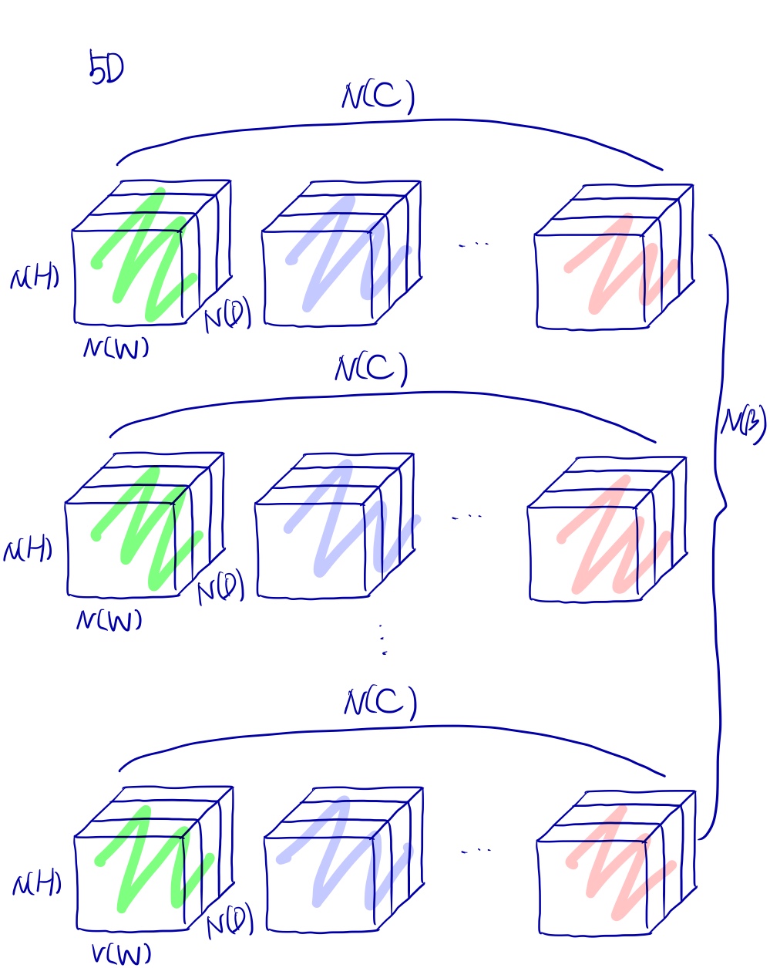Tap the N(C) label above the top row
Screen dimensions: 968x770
tap(378, 97)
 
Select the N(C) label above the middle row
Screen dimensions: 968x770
tap(370, 369)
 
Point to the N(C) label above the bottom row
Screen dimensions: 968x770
tap(380, 703)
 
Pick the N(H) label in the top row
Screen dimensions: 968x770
tap(34, 278)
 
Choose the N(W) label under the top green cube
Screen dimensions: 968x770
tap(116, 349)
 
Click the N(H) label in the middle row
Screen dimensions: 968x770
tap(28, 551)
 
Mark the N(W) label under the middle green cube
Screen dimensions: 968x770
tap(109, 620)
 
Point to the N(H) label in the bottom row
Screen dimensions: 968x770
tap(36, 884)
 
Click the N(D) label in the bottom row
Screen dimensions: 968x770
tap(230, 922)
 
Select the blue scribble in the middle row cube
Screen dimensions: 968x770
tap(339, 524)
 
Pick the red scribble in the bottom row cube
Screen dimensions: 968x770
tap(617, 872)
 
